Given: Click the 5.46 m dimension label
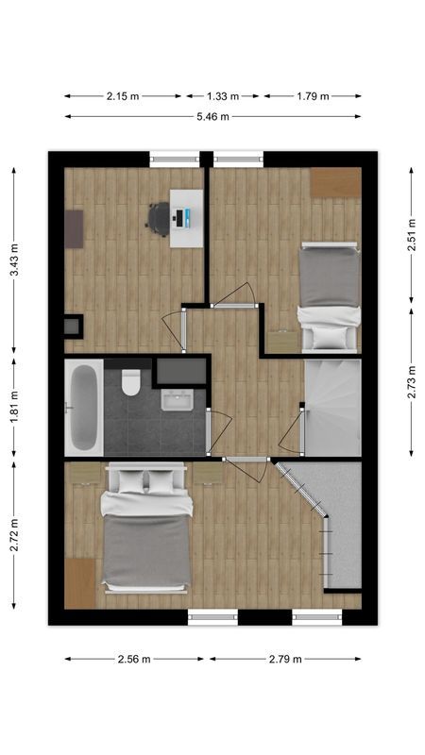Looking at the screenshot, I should click(212, 117).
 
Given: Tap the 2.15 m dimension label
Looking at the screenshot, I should click(122, 95).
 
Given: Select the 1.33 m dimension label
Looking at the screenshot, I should click(224, 95).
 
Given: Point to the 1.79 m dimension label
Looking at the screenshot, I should click(312, 95).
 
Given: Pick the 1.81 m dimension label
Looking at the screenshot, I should click(13, 410).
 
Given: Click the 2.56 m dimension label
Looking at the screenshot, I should click(134, 660).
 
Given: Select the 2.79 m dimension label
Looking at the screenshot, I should click(285, 660).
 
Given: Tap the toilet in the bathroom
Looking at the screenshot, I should click(131, 381).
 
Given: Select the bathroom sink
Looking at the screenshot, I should click(178, 400).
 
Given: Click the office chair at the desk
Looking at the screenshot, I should click(158, 217).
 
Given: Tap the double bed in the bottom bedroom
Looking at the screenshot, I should click(146, 533).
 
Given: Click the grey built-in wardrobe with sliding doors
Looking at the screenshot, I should click(342, 524).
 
